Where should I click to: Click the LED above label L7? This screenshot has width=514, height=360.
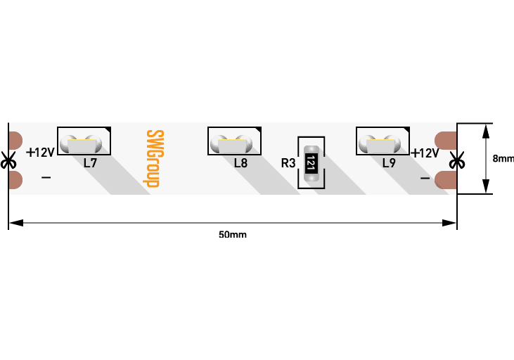pos(83,144)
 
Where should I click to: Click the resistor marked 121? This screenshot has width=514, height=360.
pos(309,164)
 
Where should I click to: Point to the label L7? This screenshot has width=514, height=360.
pos(90,163)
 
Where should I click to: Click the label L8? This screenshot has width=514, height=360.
pos(240,163)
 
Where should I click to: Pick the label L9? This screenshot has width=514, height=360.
pos(389,163)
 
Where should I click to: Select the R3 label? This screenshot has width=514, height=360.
pos(288,163)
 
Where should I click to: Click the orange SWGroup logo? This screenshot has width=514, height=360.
pos(153,158)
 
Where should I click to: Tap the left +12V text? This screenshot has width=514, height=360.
pos(40,153)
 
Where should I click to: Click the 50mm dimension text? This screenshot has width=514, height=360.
pos(233,234)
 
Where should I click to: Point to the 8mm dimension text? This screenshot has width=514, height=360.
pos(503,159)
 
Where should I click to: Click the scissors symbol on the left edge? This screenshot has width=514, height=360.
pos(8,161)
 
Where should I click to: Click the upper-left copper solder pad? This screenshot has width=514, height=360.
pos(15,140)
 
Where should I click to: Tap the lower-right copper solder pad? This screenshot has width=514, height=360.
pos(446,180)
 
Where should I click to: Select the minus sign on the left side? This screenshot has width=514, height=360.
pos(46,178)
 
